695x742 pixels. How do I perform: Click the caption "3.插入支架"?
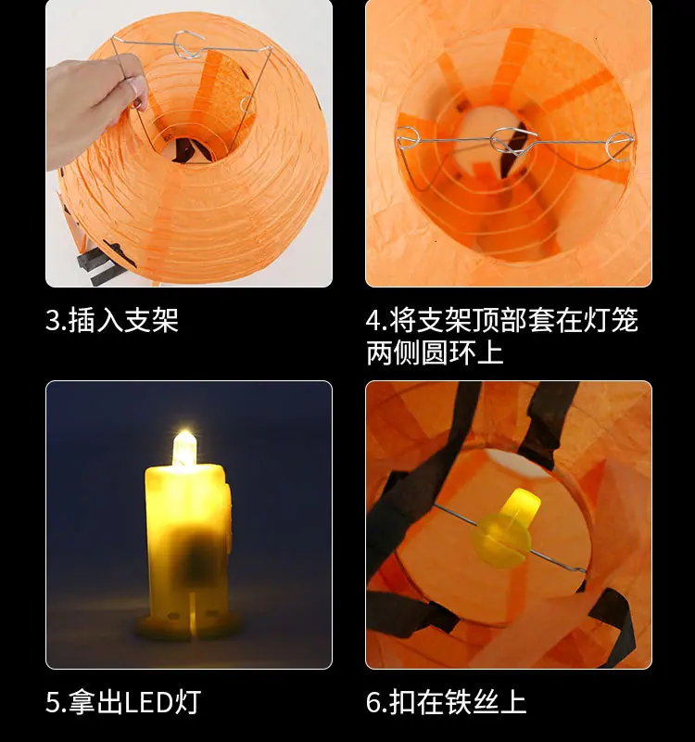[x=112, y=320]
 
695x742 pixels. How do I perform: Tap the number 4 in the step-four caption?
[x=373, y=321]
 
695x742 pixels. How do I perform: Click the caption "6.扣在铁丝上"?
[x=446, y=702]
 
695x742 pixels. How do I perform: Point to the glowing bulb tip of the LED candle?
[x=183, y=447]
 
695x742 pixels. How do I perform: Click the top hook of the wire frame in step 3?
[x=187, y=44]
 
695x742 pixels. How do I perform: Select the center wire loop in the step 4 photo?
[x=513, y=142]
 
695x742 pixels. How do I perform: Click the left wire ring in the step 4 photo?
[x=407, y=138]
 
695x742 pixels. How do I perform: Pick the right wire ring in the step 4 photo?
[x=619, y=147]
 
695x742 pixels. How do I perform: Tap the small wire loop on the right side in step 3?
[x=246, y=104]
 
